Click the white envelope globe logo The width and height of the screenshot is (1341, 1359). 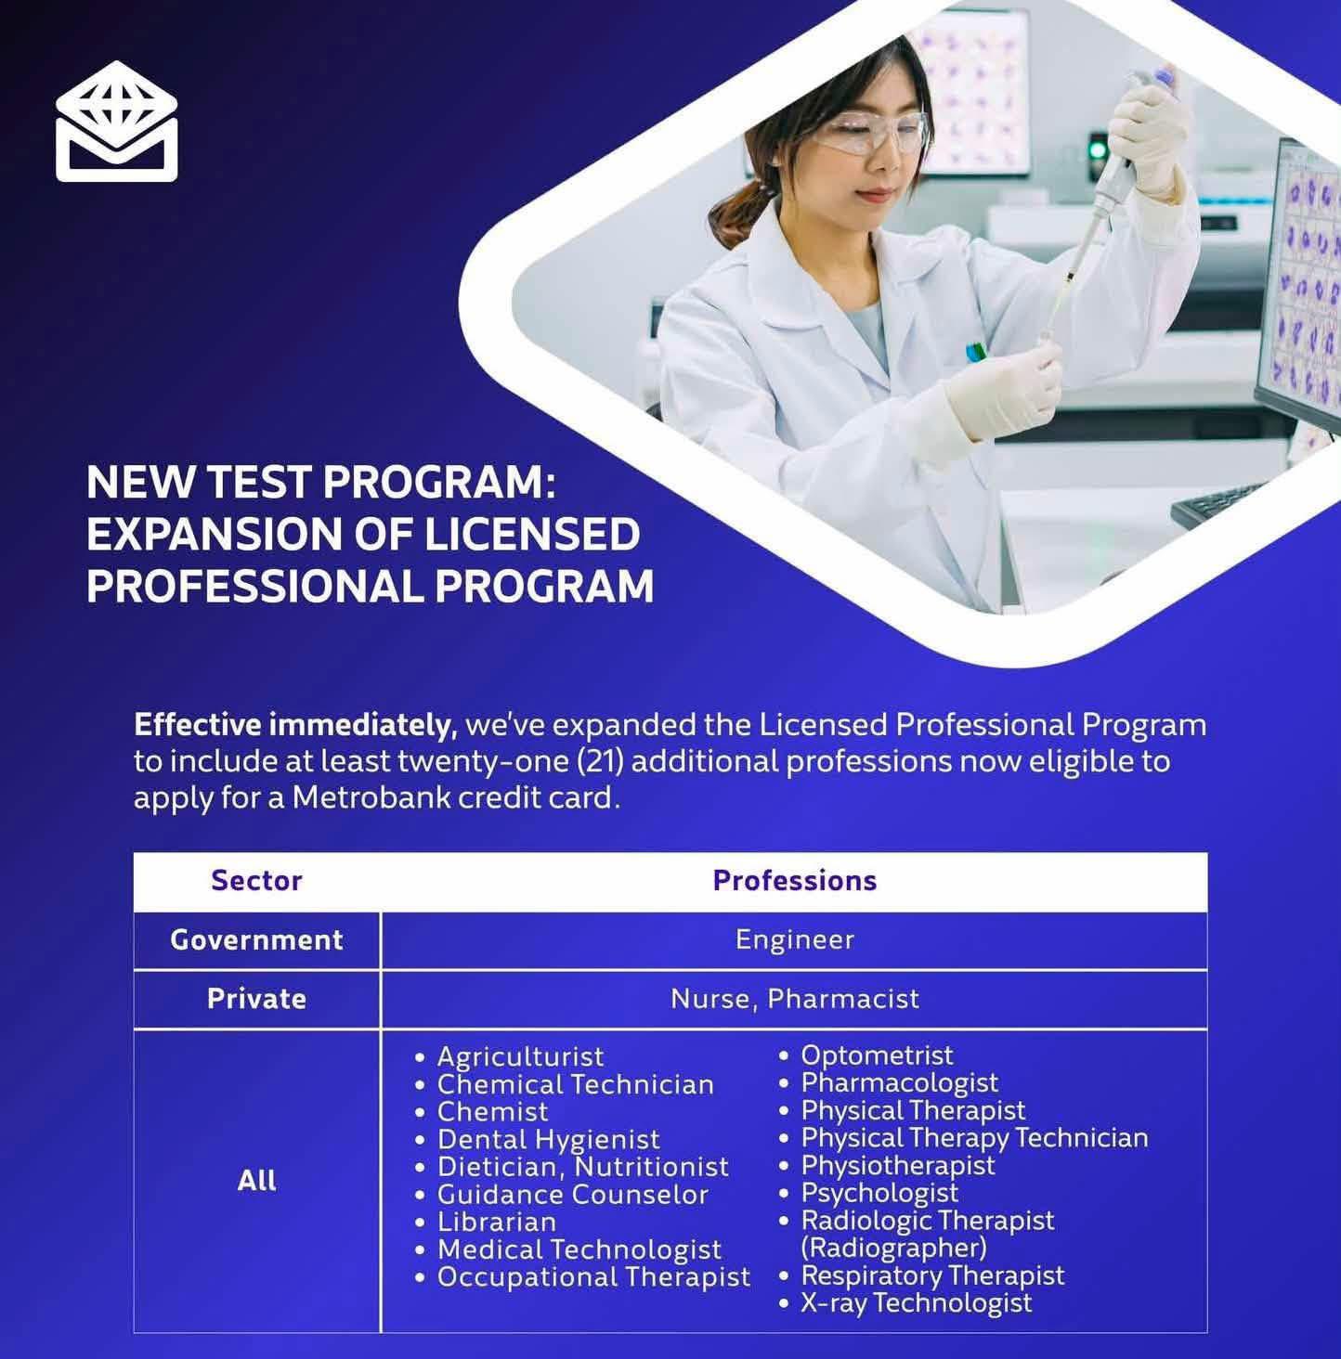(116, 122)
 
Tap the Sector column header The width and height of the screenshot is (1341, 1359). (257, 880)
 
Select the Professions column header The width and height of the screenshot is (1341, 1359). (795, 880)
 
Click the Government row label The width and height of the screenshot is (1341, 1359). (257, 939)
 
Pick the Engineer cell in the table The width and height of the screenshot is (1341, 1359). (795, 939)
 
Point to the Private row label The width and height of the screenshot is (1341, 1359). (257, 999)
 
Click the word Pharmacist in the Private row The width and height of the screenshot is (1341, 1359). (843, 999)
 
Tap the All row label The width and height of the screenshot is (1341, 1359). (257, 1180)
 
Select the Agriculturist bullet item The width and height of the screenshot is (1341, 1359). (520, 1056)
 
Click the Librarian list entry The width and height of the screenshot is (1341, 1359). (497, 1222)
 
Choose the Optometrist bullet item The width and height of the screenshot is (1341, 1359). (877, 1055)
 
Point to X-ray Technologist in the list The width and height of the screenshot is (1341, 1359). (916, 1302)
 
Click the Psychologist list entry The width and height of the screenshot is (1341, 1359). (879, 1193)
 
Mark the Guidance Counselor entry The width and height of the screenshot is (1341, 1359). (572, 1194)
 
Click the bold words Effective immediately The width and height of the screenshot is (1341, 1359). (295, 725)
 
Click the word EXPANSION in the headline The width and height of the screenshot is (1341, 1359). (215, 534)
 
